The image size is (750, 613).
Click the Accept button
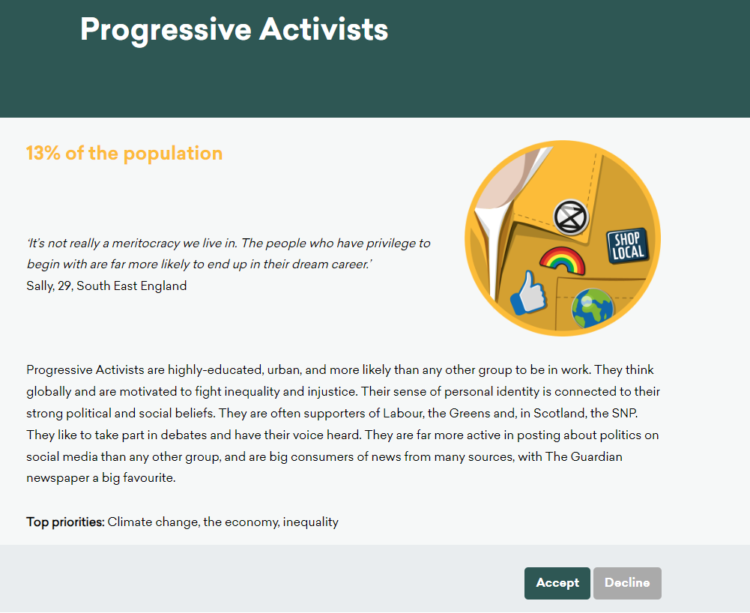tap(557, 583)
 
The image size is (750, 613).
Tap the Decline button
tap(627, 583)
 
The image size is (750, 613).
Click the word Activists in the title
tap(324, 29)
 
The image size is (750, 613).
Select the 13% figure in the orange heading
tap(43, 153)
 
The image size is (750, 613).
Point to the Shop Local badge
tap(627, 246)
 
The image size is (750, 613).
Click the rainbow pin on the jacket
tap(562, 261)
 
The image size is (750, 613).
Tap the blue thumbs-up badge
tap(528, 293)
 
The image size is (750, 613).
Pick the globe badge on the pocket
tap(592, 308)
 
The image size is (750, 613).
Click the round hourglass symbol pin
tap(571, 217)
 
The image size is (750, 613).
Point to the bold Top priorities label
tap(65, 522)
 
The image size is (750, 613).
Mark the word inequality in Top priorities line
tap(310, 522)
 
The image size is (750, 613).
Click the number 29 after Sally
tap(65, 286)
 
